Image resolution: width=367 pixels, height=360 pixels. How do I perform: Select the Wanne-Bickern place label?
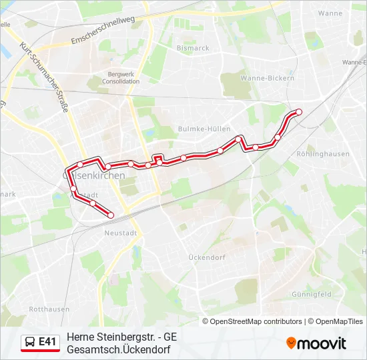(272, 78)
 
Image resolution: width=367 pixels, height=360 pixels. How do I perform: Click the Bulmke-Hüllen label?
(204, 129)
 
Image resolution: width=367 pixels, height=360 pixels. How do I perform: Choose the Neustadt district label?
(121, 233)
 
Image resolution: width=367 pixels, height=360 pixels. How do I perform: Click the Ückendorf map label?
(207, 257)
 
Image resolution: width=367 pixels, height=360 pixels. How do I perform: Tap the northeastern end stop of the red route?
(299, 111)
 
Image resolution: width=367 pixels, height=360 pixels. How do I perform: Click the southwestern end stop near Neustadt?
(110, 214)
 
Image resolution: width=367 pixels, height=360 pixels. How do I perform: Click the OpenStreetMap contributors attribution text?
(256, 321)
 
